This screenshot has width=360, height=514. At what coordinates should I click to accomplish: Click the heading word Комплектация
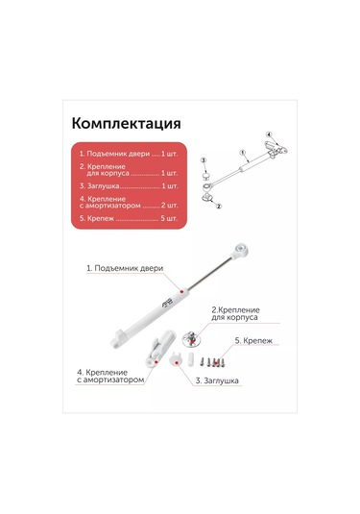[x=126, y=124]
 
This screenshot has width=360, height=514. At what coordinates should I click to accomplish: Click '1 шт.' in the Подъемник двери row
[x=169, y=154]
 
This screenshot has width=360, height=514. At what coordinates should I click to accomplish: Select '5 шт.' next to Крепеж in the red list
[x=169, y=218]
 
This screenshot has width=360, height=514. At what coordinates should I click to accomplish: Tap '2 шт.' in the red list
[x=169, y=206]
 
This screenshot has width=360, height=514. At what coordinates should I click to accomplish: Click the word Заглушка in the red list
[x=103, y=186]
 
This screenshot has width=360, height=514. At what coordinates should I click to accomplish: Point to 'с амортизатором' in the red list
[x=110, y=206]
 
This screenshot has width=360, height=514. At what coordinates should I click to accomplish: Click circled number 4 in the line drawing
[x=269, y=135]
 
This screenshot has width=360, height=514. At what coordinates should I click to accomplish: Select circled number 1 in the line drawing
[x=243, y=153]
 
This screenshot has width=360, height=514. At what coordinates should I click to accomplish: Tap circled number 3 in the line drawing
[x=204, y=160]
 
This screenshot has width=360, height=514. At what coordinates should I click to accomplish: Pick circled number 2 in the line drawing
[x=219, y=206]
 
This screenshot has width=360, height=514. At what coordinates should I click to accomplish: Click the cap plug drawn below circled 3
[x=206, y=176]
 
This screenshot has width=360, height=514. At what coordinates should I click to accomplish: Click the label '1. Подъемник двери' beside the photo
[x=125, y=268]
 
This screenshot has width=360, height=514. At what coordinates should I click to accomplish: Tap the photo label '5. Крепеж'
[x=253, y=341]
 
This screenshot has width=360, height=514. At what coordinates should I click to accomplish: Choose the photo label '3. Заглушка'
[x=217, y=380]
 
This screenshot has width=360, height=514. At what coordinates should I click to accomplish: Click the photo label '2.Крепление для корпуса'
[x=235, y=314]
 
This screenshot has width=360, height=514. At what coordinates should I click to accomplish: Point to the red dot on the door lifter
[x=181, y=291]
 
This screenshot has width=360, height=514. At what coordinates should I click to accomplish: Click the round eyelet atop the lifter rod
[x=241, y=250]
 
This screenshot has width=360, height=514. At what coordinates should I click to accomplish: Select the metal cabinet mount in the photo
[x=192, y=338]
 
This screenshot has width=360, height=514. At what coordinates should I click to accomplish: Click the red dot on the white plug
[x=177, y=363]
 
